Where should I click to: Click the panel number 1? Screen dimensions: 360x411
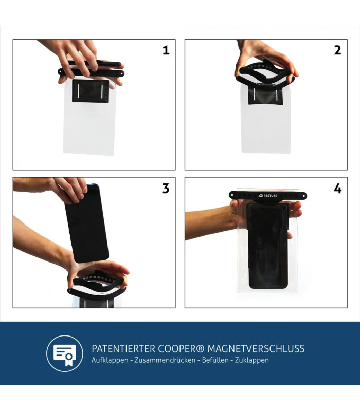[166, 50]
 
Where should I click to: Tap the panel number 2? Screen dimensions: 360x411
[338, 50]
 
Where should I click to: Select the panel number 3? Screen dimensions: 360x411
[166, 189]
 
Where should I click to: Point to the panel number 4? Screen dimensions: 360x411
[338, 189]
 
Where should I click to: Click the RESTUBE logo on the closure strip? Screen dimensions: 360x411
[267, 196]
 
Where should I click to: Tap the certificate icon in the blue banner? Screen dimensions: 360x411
[65, 353]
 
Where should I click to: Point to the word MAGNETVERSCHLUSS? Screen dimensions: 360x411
[256, 349]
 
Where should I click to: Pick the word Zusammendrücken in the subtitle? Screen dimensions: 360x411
[165, 360]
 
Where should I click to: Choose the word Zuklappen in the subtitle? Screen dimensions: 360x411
[252, 360]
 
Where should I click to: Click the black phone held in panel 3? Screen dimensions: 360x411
[86, 223]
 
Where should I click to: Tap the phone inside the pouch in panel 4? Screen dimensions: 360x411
[267, 246]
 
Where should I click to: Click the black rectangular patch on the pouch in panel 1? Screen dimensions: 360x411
[91, 91]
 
